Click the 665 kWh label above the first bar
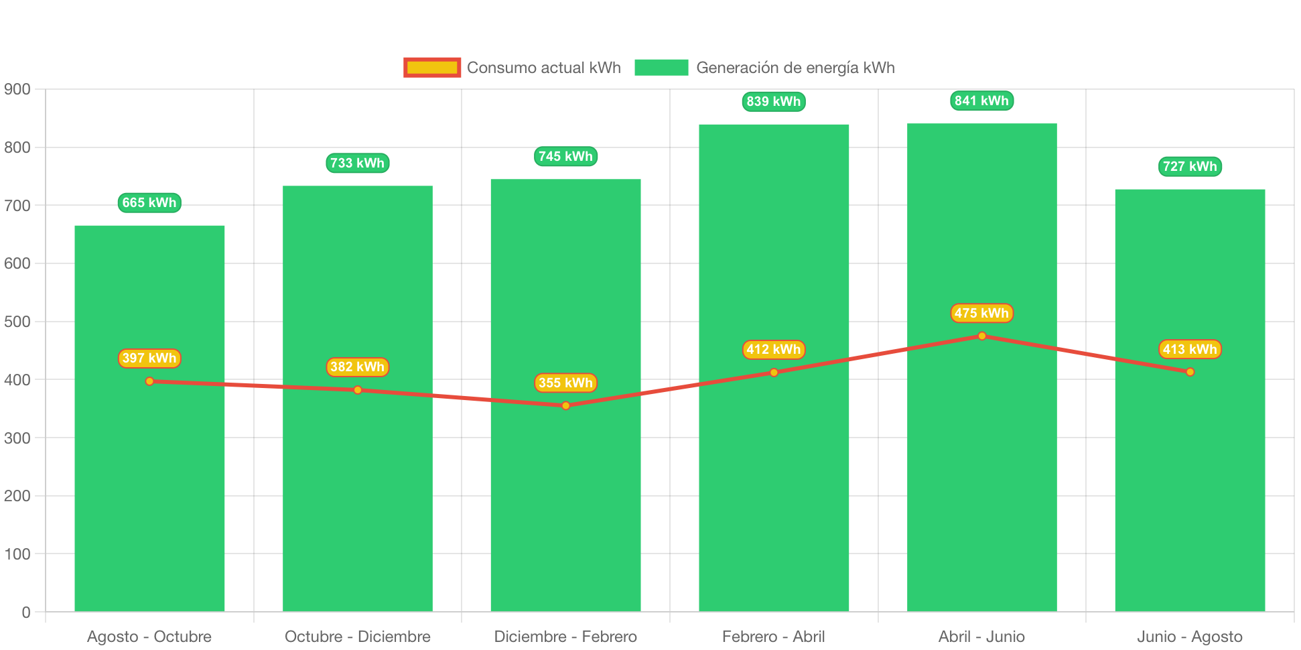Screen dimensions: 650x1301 coord(149,202)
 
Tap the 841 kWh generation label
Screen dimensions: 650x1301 coord(981,101)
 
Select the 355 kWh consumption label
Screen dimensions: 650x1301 coord(565,383)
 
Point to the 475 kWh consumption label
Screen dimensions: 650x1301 coord(981,313)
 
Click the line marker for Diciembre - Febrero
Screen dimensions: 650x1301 coord(566,405)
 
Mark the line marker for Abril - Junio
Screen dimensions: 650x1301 coord(982,336)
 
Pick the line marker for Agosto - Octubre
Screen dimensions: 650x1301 coord(149,381)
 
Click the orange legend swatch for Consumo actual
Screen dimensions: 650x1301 coord(432,68)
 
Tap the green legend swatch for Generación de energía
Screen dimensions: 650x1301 coord(661,68)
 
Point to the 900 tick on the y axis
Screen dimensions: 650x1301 coord(17,90)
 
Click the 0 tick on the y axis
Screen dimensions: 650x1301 coord(26,612)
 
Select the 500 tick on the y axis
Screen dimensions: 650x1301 coord(17,322)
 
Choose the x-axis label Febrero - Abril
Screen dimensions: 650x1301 coord(773,637)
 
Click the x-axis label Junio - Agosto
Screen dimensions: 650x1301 coord(1190,637)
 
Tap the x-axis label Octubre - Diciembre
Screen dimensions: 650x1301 coord(358,637)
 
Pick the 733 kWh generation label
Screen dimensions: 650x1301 coord(357,163)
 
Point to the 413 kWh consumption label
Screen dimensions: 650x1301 coord(1190,349)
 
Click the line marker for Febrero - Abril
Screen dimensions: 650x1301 coord(774,373)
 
